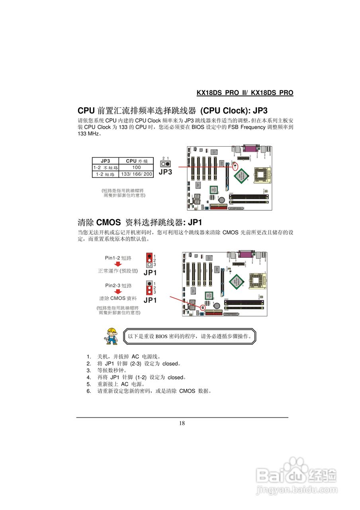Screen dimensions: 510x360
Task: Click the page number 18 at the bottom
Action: point(182,423)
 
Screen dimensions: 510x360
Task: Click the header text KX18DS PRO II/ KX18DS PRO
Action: point(245,93)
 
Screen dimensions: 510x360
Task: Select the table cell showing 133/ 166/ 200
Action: point(136,174)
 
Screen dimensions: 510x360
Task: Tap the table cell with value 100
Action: point(136,168)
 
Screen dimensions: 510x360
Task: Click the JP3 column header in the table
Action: point(105,161)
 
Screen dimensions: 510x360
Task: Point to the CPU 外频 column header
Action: point(136,161)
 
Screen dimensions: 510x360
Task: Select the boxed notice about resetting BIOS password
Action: point(189,336)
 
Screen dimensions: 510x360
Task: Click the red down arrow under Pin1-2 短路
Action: point(117,264)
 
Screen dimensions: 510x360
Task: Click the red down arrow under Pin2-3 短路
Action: point(117,292)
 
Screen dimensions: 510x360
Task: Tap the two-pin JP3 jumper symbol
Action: point(165,164)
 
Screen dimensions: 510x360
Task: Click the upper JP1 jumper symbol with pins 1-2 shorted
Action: point(149,260)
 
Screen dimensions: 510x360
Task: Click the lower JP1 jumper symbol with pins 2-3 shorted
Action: point(149,287)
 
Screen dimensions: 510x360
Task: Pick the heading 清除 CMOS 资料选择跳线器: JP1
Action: point(140,222)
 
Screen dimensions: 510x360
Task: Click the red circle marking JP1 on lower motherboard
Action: point(203,308)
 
